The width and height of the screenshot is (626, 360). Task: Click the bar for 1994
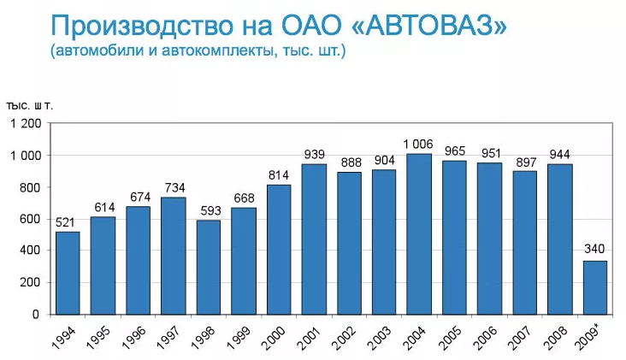[68, 273]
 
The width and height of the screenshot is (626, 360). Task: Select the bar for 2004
[419, 234]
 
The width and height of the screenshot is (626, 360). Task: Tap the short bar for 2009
[595, 287]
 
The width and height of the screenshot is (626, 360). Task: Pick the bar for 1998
[209, 267]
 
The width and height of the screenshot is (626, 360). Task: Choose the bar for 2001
[314, 239]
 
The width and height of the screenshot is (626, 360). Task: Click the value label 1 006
[419, 145]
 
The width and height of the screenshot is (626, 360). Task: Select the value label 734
[174, 188]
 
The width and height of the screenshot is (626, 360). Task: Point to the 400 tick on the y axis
[31, 251]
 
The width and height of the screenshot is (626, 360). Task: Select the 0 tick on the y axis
[36, 314]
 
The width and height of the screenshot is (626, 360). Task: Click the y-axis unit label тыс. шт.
[31, 105]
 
